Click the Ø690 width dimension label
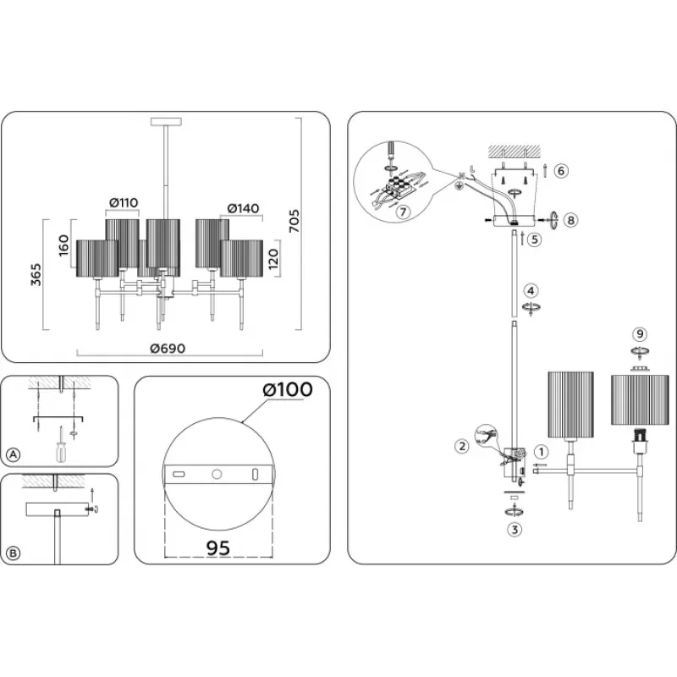[x=168, y=349]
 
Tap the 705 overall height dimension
[x=294, y=221]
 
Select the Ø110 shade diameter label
[x=124, y=202]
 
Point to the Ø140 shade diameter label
[x=244, y=208]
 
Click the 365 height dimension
[x=36, y=274]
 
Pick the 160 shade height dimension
[x=63, y=245]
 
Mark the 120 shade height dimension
[x=273, y=259]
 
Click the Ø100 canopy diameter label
[x=288, y=389]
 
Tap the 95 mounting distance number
[x=218, y=548]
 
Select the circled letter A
[x=14, y=454]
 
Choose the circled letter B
[x=14, y=553]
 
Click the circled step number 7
[x=403, y=212]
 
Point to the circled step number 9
[x=640, y=334]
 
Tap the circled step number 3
[x=515, y=530]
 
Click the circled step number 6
[x=561, y=171]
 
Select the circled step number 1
[x=541, y=452]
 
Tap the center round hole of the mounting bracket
[x=217, y=475]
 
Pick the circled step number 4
[x=531, y=290]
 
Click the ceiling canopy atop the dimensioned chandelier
[x=166, y=122]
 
